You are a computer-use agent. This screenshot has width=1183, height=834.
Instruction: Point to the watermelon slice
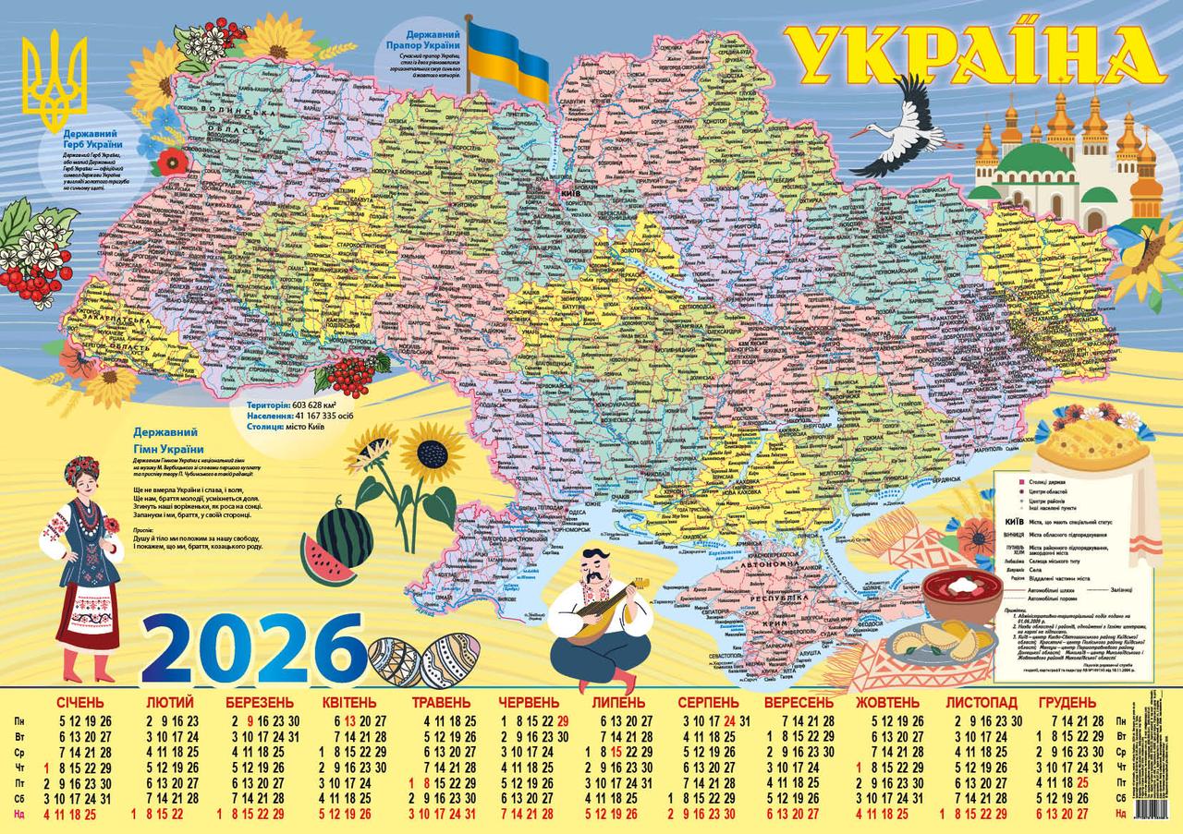click(x=325, y=560)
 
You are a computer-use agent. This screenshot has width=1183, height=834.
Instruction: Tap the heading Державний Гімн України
click(x=167, y=440)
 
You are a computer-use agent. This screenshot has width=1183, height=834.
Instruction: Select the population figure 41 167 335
click(x=319, y=417)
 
